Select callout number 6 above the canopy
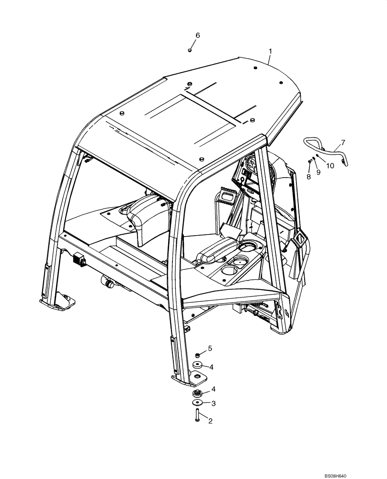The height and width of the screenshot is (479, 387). pyautogui.click(x=197, y=35)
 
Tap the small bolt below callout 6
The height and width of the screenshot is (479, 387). pyautogui.click(x=190, y=49)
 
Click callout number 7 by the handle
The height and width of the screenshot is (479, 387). pyautogui.click(x=342, y=142)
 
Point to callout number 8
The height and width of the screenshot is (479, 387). pyautogui.click(x=308, y=177)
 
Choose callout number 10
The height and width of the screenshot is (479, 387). pyautogui.click(x=330, y=166)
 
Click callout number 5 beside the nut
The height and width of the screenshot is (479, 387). pyautogui.click(x=209, y=348)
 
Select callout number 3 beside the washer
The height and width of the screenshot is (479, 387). pyautogui.click(x=214, y=404)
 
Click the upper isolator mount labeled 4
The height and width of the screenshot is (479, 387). pyautogui.click(x=197, y=366)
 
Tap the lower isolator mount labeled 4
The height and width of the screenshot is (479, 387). pyautogui.click(x=196, y=393)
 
